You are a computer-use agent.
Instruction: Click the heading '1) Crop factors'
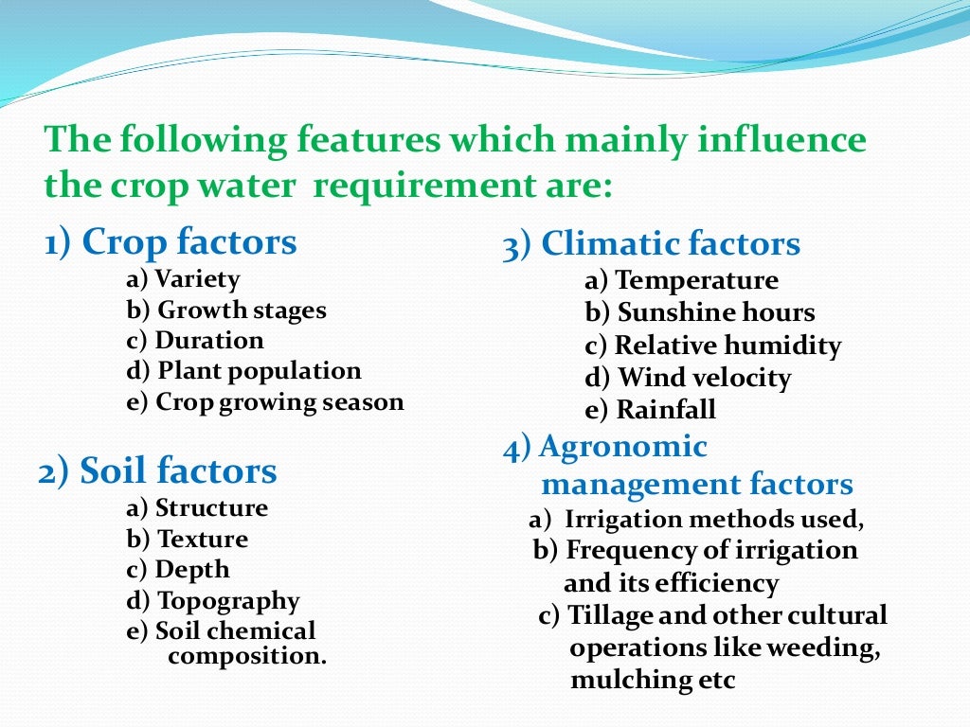tap(171, 243)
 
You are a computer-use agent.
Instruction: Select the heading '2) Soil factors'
tap(157, 470)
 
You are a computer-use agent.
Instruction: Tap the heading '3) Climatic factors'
tap(651, 245)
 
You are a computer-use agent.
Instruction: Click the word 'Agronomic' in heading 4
tap(622, 447)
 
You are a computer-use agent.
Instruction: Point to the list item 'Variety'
tap(197, 279)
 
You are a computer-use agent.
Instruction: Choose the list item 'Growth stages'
tap(242, 310)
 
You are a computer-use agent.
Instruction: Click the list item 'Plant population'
tap(259, 371)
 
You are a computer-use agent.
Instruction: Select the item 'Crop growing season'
tap(279, 402)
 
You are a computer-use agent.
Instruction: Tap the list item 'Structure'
tap(211, 508)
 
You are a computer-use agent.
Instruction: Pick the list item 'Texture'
tap(203, 540)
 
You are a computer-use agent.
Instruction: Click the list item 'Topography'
tap(228, 601)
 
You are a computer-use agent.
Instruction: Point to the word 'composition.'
tap(246, 656)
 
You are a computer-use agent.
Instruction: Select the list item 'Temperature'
tap(696, 281)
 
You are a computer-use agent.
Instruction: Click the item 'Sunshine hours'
tap(716, 313)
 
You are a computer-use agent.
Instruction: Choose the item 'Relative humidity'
tap(727, 346)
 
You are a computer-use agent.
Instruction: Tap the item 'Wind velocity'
tap(704, 378)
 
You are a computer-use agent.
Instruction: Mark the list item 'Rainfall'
tap(666, 410)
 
